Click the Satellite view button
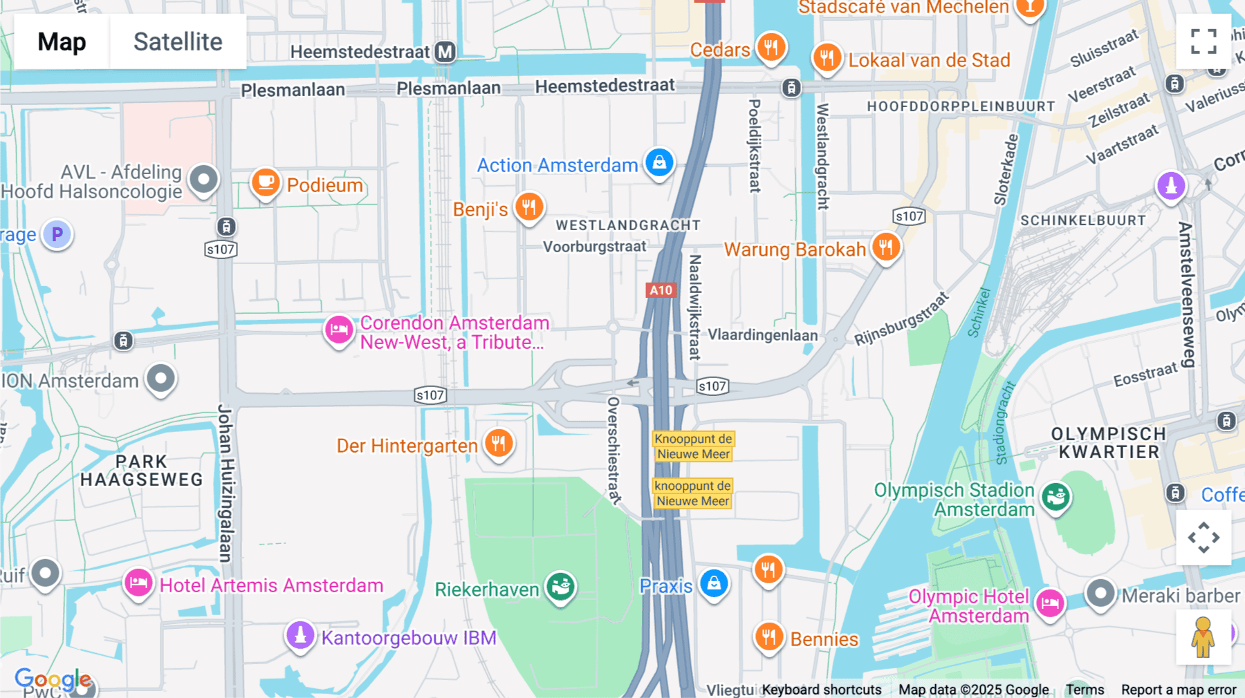point(178,41)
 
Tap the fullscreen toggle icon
point(1203,41)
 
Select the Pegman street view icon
point(1203,637)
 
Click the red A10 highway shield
point(661,290)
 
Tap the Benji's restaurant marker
point(529,207)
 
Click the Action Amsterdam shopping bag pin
point(659,163)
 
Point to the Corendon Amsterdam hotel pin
point(339,330)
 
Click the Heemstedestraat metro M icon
point(445,52)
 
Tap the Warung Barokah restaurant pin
point(885,247)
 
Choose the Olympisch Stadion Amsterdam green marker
point(1055,496)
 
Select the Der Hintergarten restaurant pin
point(498,443)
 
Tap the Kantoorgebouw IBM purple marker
point(300,634)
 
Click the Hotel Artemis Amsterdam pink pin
point(138,583)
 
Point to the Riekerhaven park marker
point(560,587)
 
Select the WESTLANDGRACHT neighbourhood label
point(628,225)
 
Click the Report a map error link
point(1179,690)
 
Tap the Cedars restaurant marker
point(771,48)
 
